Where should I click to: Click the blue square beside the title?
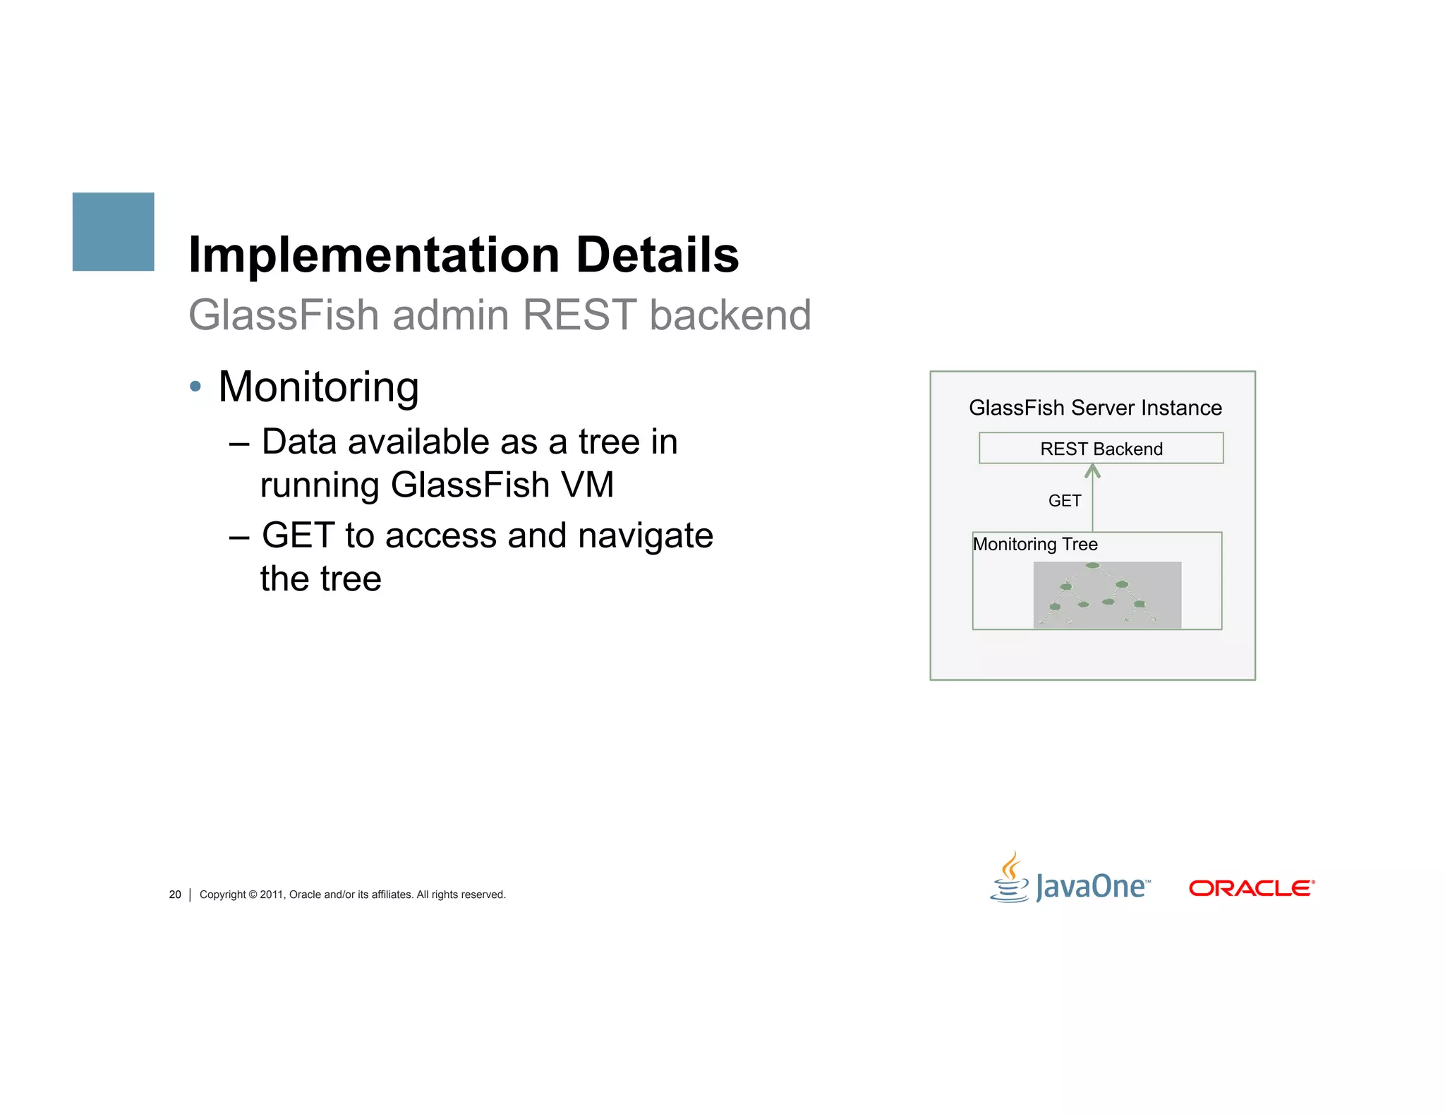point(113,231)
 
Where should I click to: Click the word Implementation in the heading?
point(374,255)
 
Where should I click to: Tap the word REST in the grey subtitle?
point(579,315)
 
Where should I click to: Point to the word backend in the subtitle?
point(730,315)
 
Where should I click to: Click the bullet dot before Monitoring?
point(195,387)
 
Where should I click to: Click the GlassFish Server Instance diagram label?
point(1094,408)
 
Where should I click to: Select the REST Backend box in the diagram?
point(1101,449)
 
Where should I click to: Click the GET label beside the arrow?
point(1064,501)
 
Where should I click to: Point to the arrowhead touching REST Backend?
point(1092,470)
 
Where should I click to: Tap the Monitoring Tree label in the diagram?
point(1035,545)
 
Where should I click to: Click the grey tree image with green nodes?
point(1106,595)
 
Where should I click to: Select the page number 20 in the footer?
point(175,894)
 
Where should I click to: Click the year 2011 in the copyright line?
point(271,894)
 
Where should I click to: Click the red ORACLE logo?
point(1252,888)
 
